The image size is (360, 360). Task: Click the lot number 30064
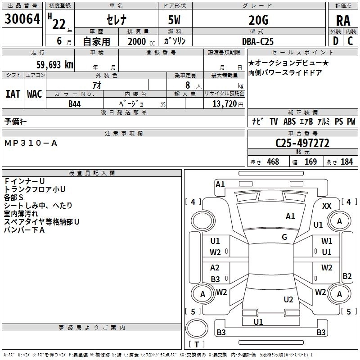pos(22,20)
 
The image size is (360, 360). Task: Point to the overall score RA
pos(343,21)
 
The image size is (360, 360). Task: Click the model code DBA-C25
pos(258,41)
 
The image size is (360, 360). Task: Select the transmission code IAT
pos(13,94)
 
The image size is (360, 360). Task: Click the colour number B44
pos(75,103)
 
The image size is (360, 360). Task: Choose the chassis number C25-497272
pos(302,143)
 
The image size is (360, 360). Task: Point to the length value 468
pos(273,162)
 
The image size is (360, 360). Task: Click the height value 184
pos(346,162)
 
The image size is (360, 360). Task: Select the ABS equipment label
pos(289,121)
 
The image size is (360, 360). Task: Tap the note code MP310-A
pos(31,143)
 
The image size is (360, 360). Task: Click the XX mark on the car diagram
pos(327,206)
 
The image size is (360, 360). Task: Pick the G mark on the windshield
pos(284,237)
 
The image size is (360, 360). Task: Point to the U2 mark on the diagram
pos(288,300)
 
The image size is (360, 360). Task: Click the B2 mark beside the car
pos(347,276)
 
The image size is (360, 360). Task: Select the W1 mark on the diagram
pos(327,242)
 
